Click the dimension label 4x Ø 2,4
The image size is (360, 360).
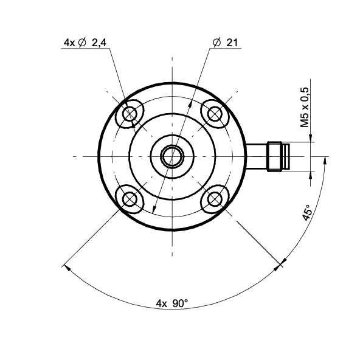pyautogui.click(x=85, y=43)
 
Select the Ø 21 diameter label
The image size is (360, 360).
pyautogui.click(x=225, y=43)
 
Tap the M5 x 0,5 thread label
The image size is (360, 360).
pyautogui.click(x=305, y=107)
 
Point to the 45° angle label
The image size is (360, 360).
pyautogui.click(x=307, y=213)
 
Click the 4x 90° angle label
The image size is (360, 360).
pyautogui.click(x=172, y=303)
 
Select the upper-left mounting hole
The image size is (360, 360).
pyautogui.click(x=130, y=114)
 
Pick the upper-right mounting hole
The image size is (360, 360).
pyautogui.click(x=215, y=114)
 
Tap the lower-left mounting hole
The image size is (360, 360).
pyautogui.click(x=130, y=199)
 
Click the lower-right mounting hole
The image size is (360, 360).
pyautogui.click(x=215, y=199)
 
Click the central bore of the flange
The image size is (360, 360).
pyautogui.click(x=172, y=156)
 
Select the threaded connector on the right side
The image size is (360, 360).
pyautogui.click(x=274, y=156)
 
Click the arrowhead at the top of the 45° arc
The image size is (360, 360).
pyautogui.click(x=325, y=161)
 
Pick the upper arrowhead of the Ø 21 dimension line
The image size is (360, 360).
pyautogui.click(x=190, y=104)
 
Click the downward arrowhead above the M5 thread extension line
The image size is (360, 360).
pyautogui.click(x=310, y=138)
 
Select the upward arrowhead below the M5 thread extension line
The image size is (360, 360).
pyautogui.click(x=310, y=175)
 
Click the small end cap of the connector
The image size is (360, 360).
pyautogui.click(x=286, y=156)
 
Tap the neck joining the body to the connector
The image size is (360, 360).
pyautogui.click(x=257, y=156)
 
